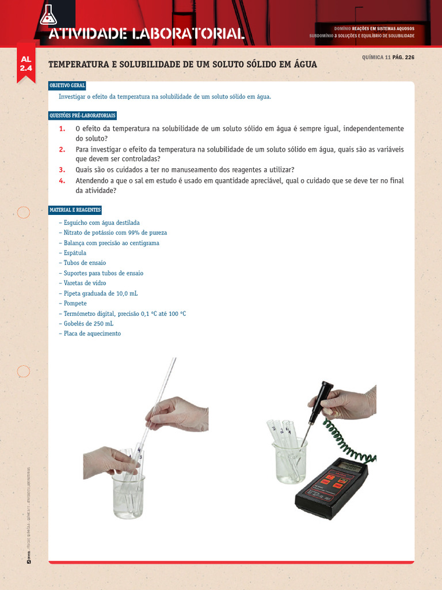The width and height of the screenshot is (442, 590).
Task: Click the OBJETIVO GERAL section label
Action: click(x=67, y=85)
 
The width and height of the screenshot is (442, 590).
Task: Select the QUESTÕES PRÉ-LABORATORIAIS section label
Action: click(x=82, y=116)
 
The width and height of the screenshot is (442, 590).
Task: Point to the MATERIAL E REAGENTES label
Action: click(x=74, y=210)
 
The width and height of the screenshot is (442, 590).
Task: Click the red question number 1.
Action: click(x=62, y=128)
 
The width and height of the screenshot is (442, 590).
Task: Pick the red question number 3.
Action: click(x=62, y=169)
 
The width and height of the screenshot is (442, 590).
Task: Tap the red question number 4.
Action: click(x=62, y=181)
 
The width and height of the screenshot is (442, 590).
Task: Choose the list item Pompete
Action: click(x=74, y=303)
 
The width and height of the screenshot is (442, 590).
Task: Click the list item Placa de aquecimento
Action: click(x=92, y=334)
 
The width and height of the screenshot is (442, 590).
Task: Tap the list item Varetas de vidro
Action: click(x=84, y=283)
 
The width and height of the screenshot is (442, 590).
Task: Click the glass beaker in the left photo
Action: click(x=128, y=496)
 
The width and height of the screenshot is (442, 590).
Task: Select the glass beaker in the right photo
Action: click(x=291, y=461)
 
